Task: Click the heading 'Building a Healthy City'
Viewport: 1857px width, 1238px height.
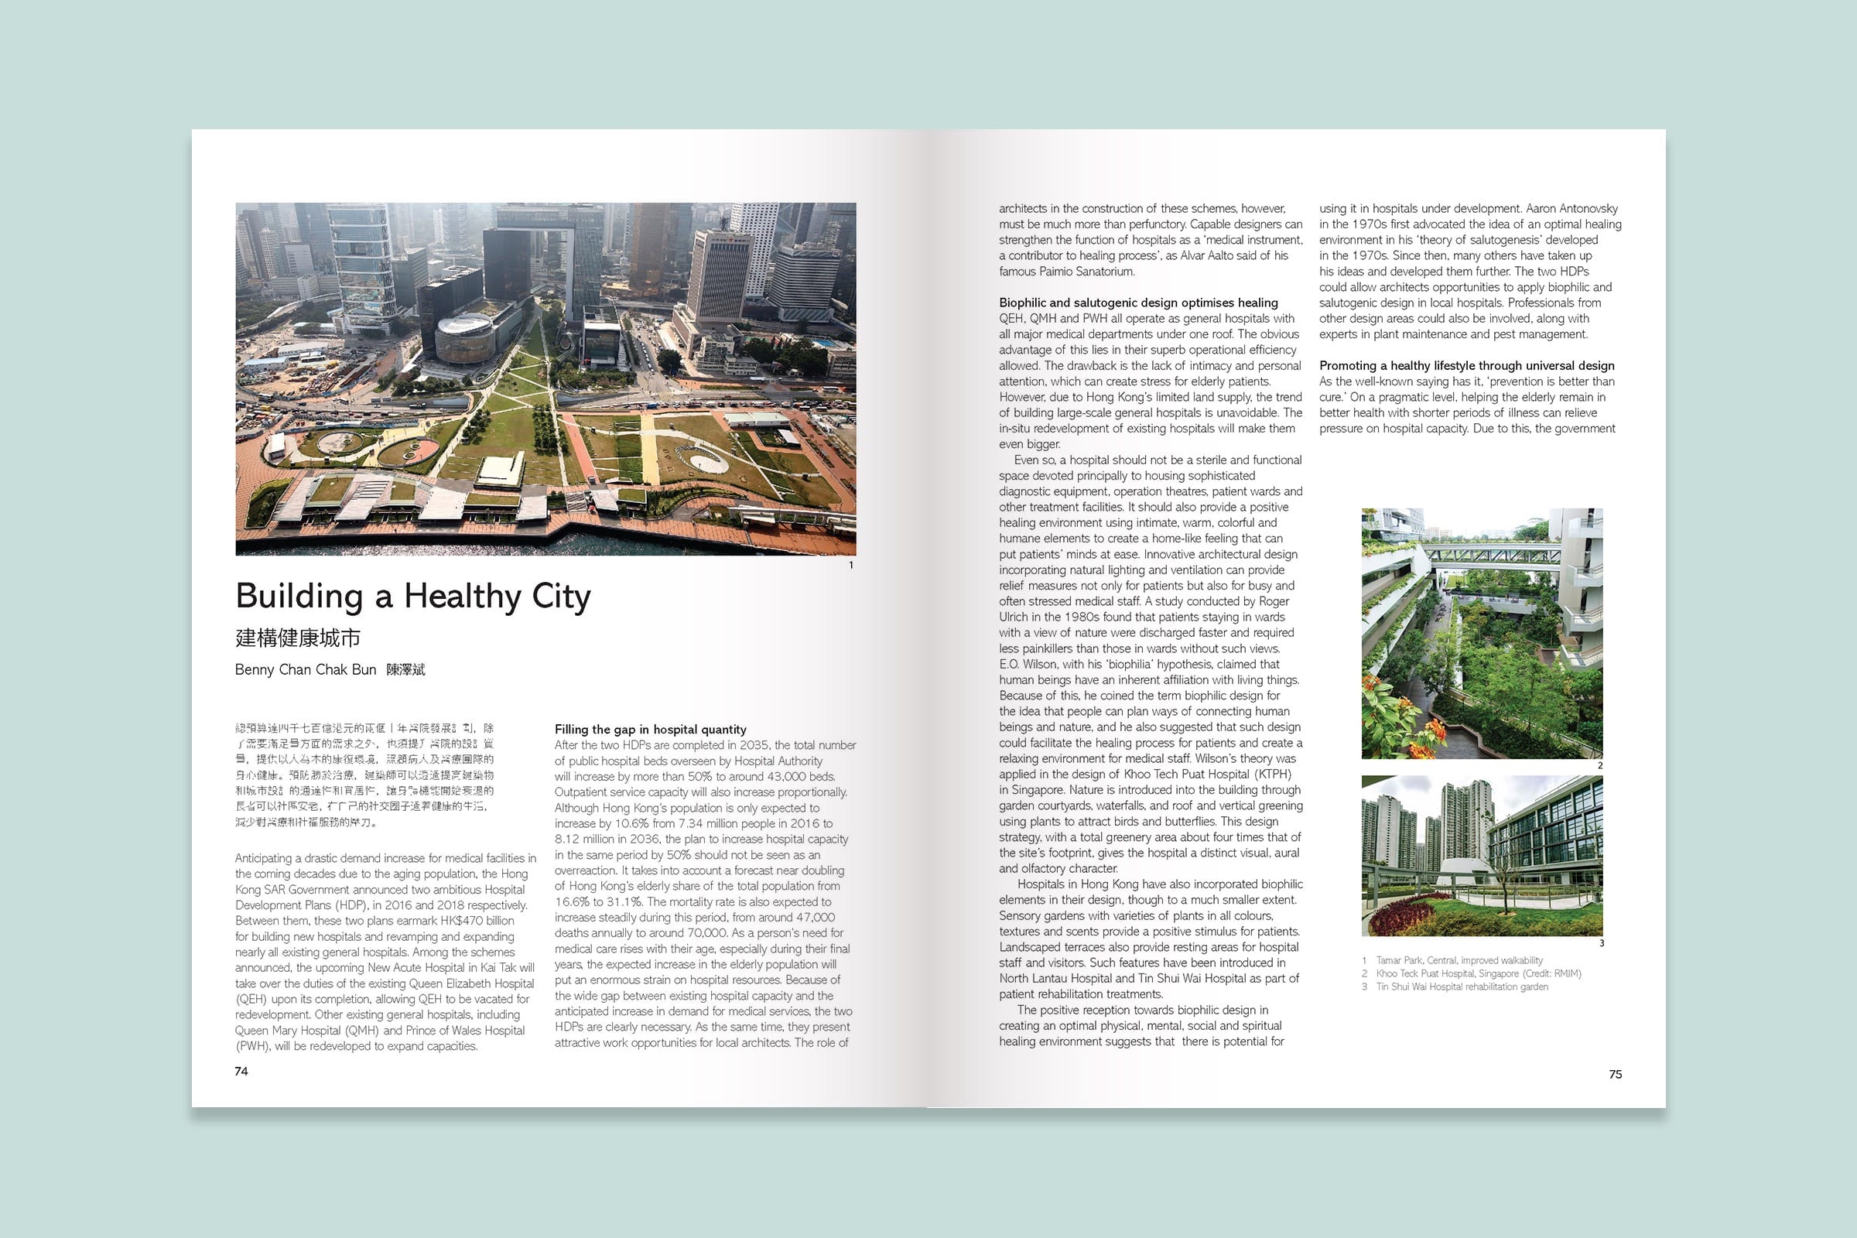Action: [x=413, y=597]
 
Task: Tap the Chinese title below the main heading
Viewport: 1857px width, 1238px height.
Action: [x=298, y=638]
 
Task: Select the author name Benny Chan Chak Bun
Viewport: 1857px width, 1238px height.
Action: [x=306, y=669]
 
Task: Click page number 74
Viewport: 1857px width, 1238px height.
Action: [x=241, y=1072]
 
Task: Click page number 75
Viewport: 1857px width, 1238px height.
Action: [x=1616, y=1075]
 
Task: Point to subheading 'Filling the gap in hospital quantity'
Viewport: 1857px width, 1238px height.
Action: [x=650, y=730]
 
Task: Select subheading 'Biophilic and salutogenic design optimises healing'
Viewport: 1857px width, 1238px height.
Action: [x=1137, y=303]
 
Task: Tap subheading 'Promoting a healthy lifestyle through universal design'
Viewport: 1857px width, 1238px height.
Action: [x=1466, y=365]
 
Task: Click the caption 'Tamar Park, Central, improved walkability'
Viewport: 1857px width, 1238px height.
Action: [x=1459, y=961]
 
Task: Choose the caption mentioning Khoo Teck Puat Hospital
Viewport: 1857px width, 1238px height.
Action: [x=1477, y=973]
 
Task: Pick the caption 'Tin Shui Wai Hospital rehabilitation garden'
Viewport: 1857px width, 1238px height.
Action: [x=1462, y=987]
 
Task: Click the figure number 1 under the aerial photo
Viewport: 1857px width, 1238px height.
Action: [x=851, y=566]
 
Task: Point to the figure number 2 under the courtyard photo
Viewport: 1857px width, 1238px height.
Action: [x=1600, y=766]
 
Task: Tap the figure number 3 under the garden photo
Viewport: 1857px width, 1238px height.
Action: [x=1601, y=943]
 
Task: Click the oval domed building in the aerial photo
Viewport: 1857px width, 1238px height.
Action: [x=463, y=335]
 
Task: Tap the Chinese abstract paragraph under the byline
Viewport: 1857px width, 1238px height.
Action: [x=364, y=775]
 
